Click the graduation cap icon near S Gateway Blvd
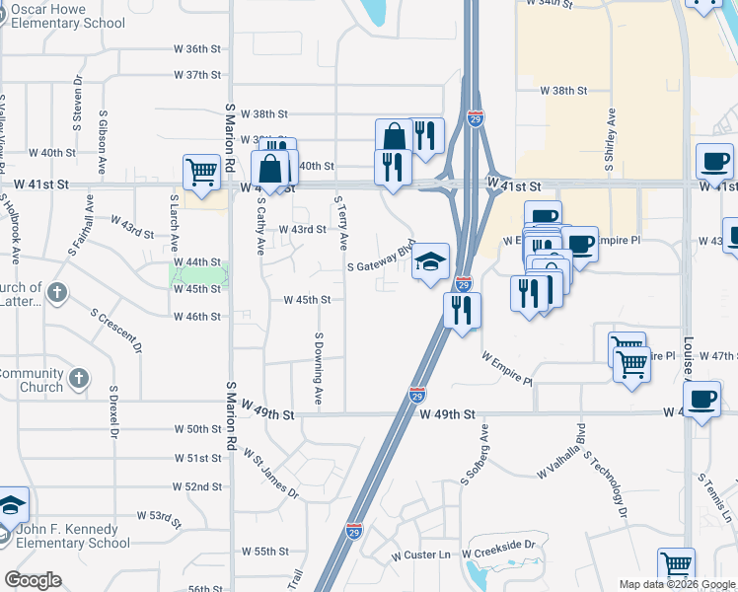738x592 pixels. (430, 261)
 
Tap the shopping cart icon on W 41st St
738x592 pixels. (201, 172)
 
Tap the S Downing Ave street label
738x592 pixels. (319, 368)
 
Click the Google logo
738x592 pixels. (33, 580)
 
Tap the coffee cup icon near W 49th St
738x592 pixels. (701, 400)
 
